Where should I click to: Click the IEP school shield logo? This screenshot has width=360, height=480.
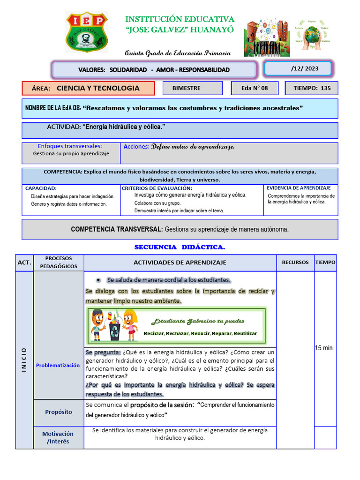coord(87,32)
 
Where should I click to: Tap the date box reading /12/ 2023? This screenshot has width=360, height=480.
coord(298,69)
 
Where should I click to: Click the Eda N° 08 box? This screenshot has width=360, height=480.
coord(255,88)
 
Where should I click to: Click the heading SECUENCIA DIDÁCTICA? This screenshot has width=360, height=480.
coord(180,247)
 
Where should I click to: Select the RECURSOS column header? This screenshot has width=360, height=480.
coord(295,262)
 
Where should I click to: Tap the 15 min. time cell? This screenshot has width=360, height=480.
coord(325,348)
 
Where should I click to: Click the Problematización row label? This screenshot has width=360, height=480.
coord(58,365)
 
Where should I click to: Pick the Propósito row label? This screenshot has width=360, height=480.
coord(59,412)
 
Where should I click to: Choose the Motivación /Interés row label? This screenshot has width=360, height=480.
coord(58,437)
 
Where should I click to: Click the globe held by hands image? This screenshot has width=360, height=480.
coord(311,35)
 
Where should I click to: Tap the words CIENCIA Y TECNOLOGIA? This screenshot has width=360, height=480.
coord(98,88)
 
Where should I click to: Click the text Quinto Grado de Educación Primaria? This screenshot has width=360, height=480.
coord(177,53)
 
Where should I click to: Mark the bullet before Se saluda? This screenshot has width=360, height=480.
coord(98,280)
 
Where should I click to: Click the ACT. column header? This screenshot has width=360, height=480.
coord(24,263)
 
